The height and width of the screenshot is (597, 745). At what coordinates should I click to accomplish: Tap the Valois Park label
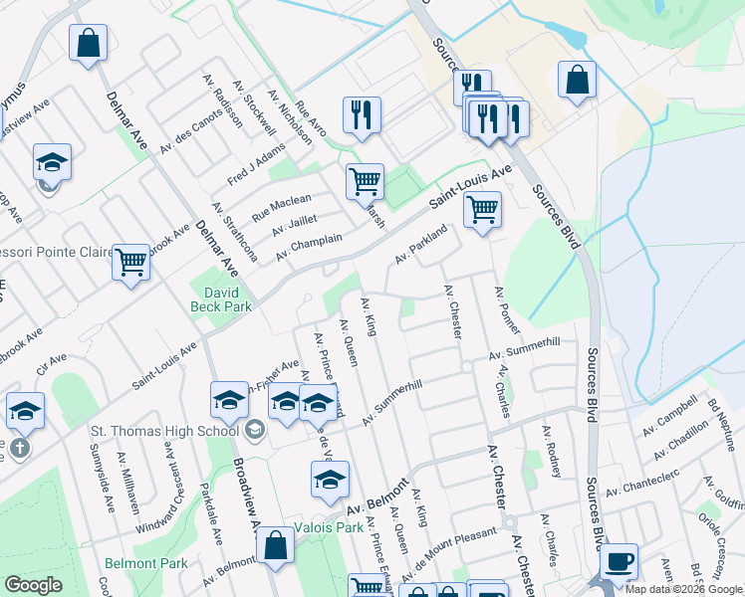329,526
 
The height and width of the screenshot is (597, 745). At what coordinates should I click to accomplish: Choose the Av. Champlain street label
309,245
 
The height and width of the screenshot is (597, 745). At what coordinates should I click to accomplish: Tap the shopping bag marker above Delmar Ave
88,43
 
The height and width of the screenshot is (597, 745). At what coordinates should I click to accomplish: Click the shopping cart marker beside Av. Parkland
482,210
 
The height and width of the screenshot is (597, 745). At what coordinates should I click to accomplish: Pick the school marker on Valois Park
330,481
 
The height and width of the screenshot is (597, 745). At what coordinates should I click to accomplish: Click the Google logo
33,585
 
